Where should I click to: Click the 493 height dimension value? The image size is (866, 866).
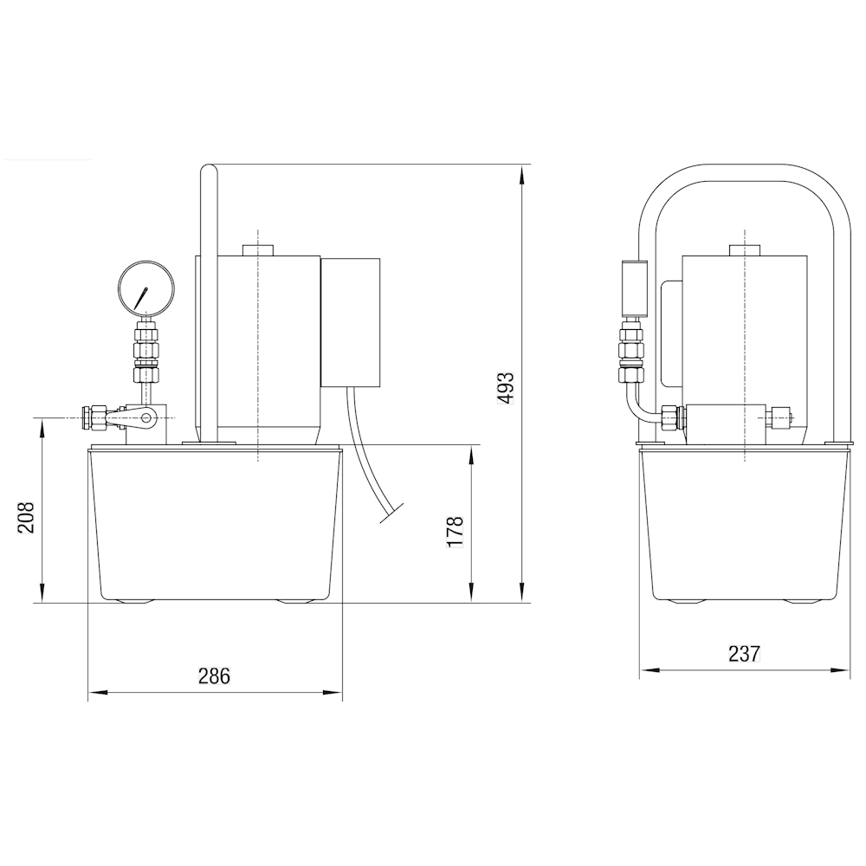coord(507,388)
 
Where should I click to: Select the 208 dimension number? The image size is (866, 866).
coord(26,517)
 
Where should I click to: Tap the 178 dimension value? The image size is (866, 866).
coord(455,532)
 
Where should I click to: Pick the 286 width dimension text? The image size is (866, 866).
coord(214,675)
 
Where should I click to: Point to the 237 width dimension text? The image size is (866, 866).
coord(744,654)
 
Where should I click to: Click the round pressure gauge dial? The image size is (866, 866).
coord(145,288)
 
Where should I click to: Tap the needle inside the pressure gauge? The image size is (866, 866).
coord(141,298)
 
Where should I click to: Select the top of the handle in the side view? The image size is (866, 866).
coord(210,169)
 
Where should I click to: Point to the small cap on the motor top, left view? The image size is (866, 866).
coord(258,249)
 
